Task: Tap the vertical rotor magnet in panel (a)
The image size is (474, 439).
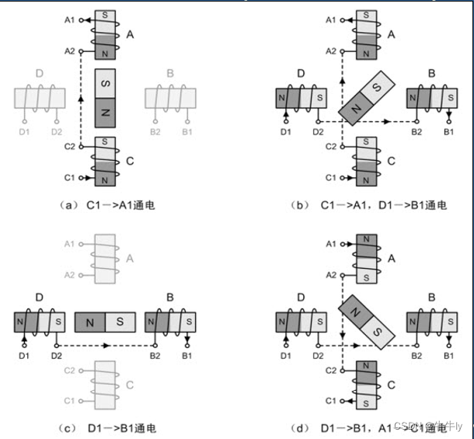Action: (x=105, y=99)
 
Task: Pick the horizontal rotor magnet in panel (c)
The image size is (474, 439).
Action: (x=105, y=322)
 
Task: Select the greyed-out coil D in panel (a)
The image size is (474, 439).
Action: (x=40, y=99)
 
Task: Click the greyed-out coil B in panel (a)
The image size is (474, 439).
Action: (x=170, y=99)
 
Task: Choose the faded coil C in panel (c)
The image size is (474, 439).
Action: (x=105, y=385)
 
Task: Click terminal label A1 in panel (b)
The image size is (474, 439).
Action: (x=329, y=19)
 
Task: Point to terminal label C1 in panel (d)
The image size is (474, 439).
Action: (x=329, y=400)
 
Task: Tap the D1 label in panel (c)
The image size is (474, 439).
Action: (x=24, y=355)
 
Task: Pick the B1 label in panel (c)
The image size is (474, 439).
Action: (x=186, y=355)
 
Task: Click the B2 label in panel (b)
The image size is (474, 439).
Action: (x=417, y=132)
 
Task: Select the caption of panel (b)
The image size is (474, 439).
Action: (x=384, y=205)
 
